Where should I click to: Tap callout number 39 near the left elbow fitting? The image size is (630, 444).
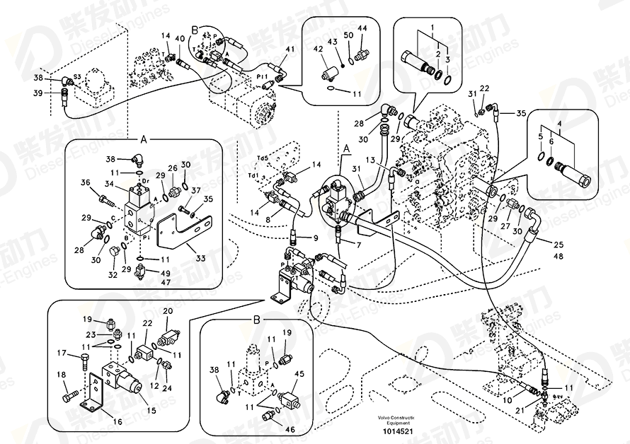click(x=38, y=92)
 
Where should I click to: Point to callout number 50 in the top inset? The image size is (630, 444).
click(x=348, y=35)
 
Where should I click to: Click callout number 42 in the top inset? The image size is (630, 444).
click(x=317, y=48)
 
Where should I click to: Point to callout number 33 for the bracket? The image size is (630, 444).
click(x=200, y=259)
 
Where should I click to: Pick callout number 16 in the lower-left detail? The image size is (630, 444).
click(x=117, y=422)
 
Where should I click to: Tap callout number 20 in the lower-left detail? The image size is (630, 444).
click(x=168, y=310)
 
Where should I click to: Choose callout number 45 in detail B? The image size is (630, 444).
click(x=299, y=374)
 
